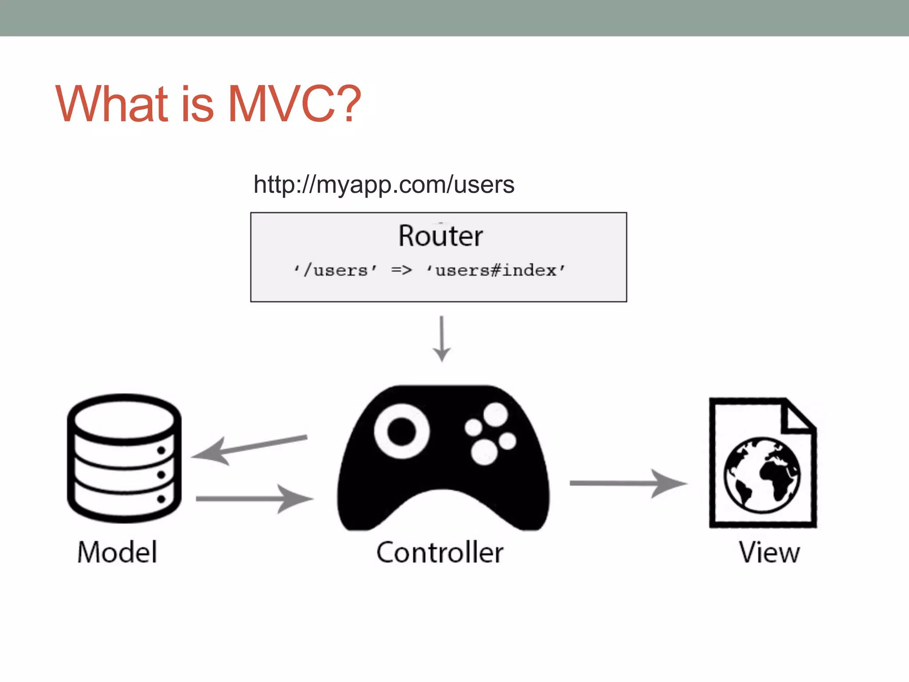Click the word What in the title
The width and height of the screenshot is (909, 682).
coord(111,104)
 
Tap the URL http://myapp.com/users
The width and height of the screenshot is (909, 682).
coord(383,184)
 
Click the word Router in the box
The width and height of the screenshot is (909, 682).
coord(440,236)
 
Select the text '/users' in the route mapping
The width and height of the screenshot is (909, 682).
coord(336,270)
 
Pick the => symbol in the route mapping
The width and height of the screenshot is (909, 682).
coord(401,270)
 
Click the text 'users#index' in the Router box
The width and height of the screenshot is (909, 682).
coord(496,270)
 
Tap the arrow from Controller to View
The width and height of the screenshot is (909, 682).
coord(628,483)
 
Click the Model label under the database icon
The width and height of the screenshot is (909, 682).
coord(117,552)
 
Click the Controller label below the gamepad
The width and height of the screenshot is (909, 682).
coord(440,552)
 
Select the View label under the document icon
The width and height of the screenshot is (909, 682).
coord(769,552)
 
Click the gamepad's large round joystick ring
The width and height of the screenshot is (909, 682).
coord(401,431)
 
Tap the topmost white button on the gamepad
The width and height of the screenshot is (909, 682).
coord(495,415)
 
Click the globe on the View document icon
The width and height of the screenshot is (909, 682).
coord(762,475)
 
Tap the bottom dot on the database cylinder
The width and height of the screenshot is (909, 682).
coord(161,499)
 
